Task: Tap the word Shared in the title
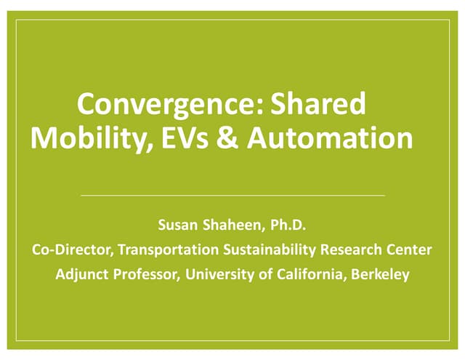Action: [x=318, y=105]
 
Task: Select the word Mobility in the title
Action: [x=92, y=137]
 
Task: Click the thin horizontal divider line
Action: [x=232, y=196]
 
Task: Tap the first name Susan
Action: [x=179, y=225]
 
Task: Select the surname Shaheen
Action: [x=232, y=225]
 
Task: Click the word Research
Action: [x=351, y=249]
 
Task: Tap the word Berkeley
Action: [x=379, y=275]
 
